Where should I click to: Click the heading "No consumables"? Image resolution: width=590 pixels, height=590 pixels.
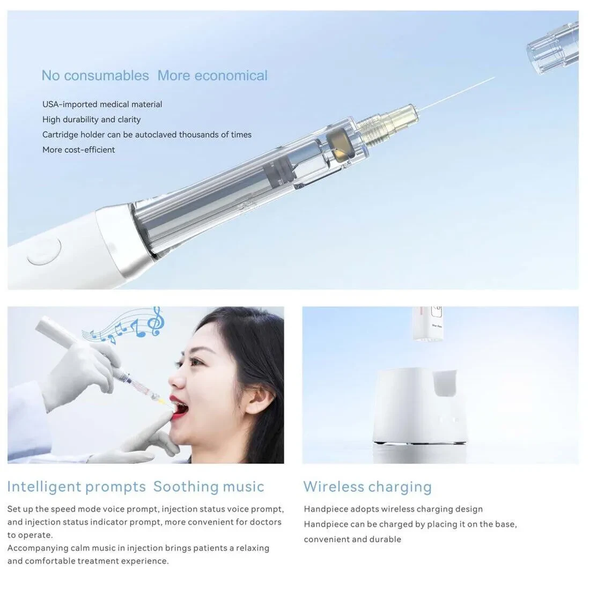[95, 76]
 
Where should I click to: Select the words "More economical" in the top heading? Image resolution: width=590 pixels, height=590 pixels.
[212, 76]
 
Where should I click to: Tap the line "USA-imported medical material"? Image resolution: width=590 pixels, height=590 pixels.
[102, 104]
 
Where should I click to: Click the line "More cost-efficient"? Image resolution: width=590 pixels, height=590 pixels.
[79, 150]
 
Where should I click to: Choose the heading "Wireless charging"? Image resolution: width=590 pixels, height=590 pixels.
[367, 486]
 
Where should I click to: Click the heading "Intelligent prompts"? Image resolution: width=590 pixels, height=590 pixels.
[76, 486]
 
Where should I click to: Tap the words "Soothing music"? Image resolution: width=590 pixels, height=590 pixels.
[209, 486]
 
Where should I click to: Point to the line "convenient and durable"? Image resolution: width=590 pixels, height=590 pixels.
[352, 539]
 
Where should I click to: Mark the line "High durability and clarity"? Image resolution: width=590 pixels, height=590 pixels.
[91, 119]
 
